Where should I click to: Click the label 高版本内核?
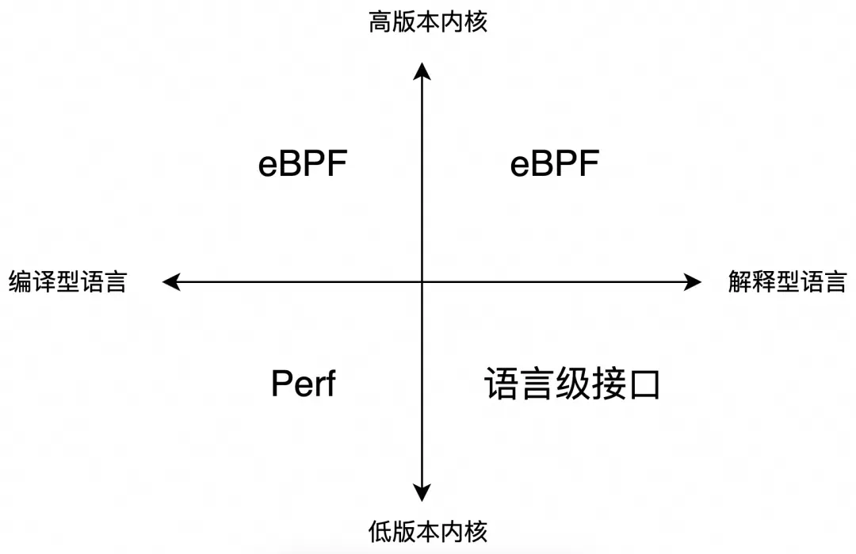(x=428, y=22)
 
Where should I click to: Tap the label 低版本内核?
(x=428, y=530)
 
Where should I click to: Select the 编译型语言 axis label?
(x=67, y=282)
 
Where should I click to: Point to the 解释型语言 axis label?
(x=787, y=282)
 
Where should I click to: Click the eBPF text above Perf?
(x=304, y=165)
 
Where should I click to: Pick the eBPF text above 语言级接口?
(x=555, y=165)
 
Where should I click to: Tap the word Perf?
(x=304, y=384)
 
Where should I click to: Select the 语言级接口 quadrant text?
(x=572, y=385)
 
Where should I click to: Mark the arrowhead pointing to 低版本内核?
(x=422, y=491)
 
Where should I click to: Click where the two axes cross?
(x=422, y=281)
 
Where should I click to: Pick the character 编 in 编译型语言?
(x=20, y=282)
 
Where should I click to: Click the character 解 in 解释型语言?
(x=739, y=282)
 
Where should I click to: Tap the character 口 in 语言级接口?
(x=646, y=386)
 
